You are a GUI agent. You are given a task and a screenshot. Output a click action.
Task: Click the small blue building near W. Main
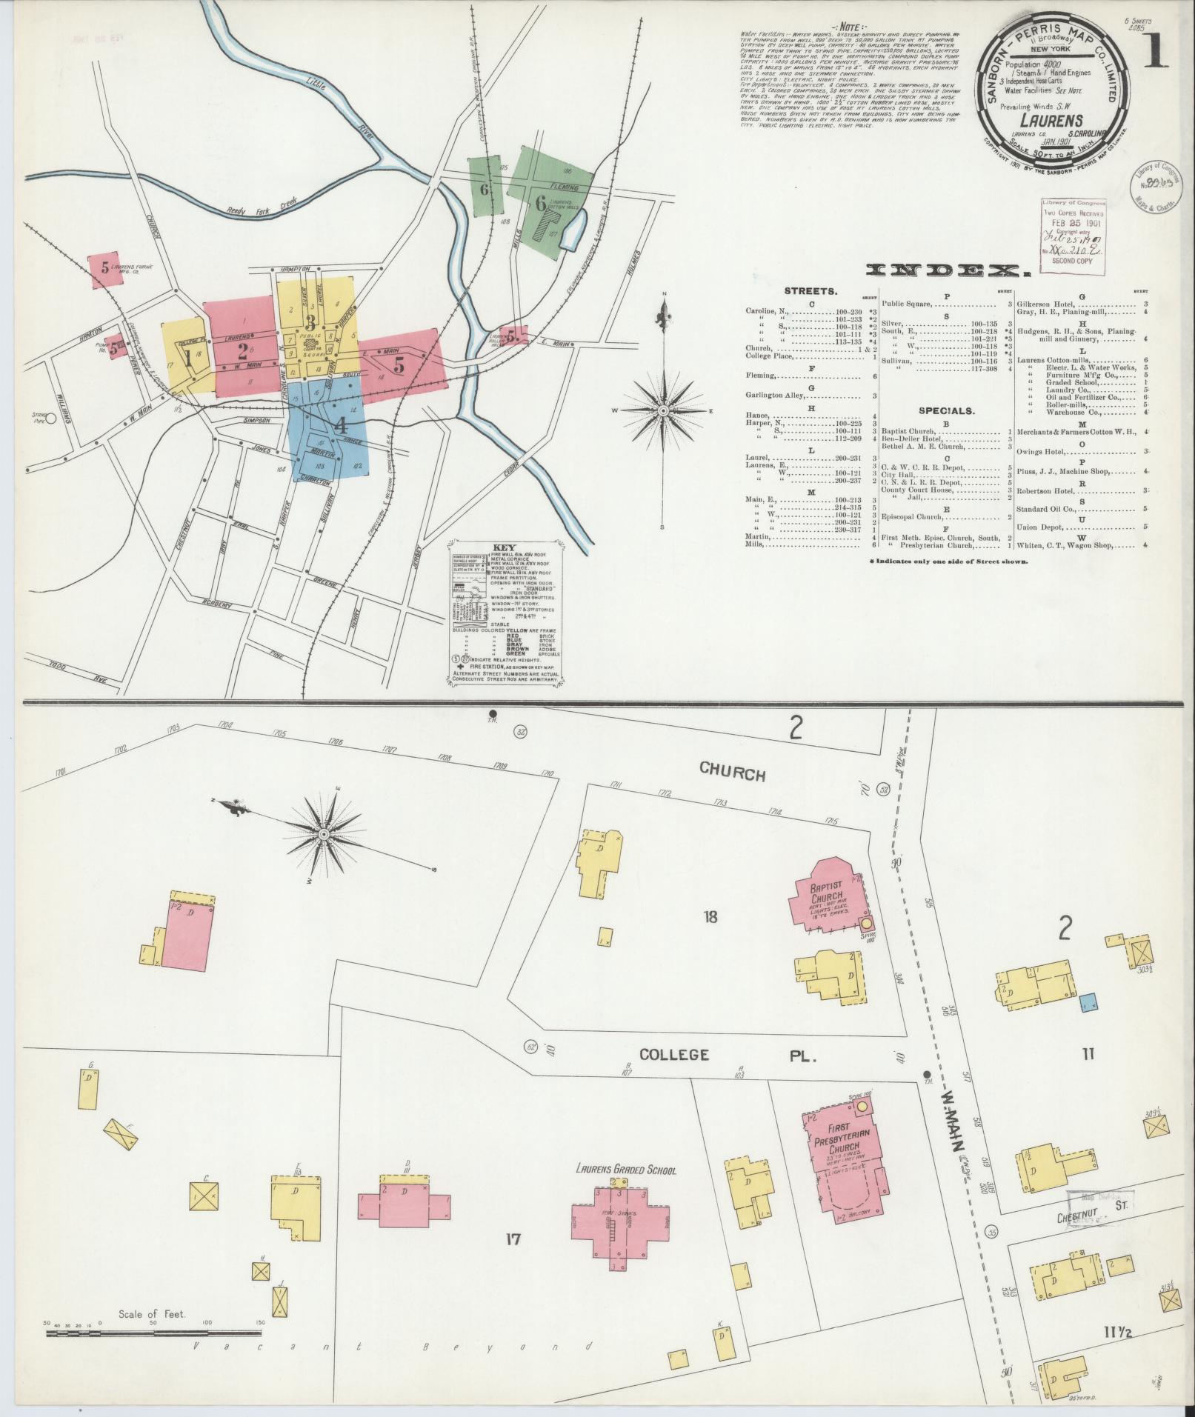click(1088, 1002)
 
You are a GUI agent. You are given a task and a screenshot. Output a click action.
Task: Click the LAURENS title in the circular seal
click(1051, 119)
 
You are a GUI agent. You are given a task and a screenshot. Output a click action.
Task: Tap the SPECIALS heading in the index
click(948, 410)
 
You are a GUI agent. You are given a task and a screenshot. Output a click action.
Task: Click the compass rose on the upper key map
click(663, 410)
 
